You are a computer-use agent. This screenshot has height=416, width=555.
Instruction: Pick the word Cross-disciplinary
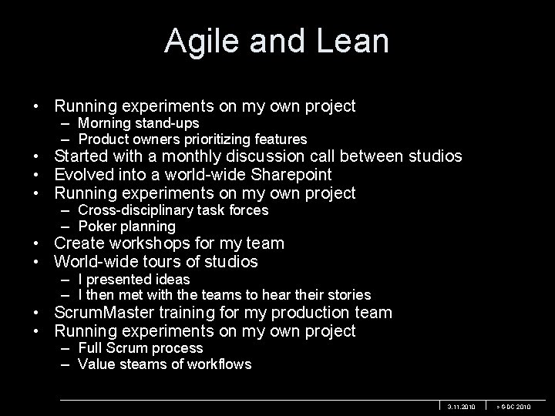(x=140, y=210)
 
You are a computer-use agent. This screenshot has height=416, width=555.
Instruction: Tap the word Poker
(x=96, y=226)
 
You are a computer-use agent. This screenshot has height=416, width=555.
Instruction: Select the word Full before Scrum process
(x=92, y=348)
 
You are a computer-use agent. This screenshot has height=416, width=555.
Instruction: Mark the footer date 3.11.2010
(x=462, y=406)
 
